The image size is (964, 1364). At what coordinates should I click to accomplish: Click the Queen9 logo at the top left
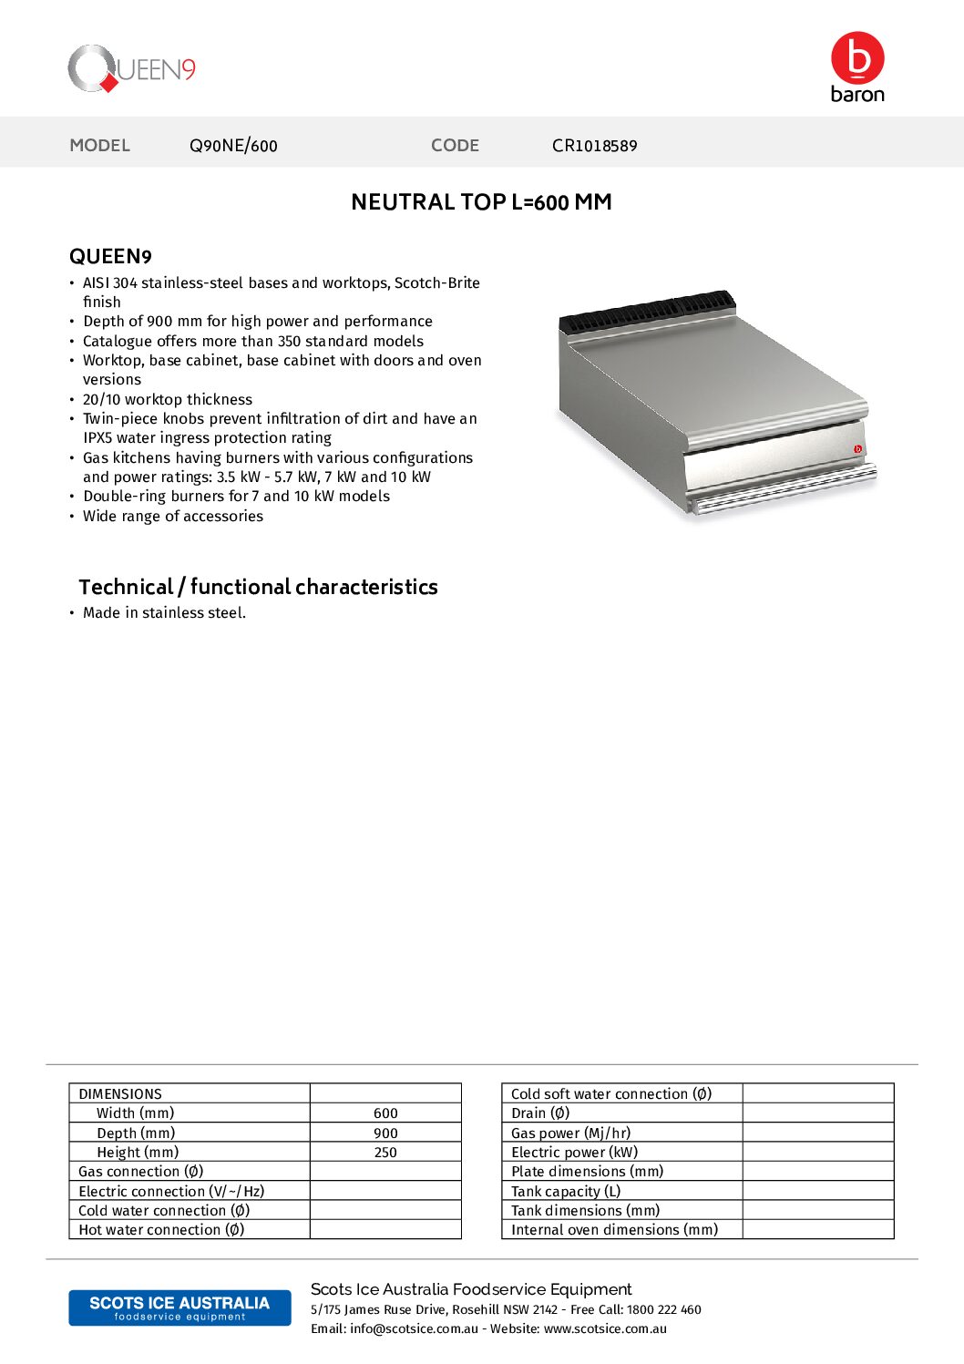click(131, 69)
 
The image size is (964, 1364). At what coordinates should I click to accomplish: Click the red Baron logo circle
click(857, 57)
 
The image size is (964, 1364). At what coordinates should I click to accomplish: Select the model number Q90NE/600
click(233, 146)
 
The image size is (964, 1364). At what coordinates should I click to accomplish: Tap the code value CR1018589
click(594, 146)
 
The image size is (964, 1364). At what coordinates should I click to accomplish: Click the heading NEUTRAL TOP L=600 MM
click(481, 202)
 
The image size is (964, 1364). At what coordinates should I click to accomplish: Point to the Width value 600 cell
click(385, 1113)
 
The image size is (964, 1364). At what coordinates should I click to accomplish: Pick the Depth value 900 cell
click(385, 1133)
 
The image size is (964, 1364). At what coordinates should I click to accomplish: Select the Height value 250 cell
click(385, 1153)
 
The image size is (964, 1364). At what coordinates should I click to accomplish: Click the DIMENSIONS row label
click(120, 1094)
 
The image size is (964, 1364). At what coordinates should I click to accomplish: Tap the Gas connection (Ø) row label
click(141, 1172)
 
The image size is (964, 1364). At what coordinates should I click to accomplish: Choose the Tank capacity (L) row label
click(566, 1192)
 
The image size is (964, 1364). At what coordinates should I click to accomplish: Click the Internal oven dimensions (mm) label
click(614, 1230)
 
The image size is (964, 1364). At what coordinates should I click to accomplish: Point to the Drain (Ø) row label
click(540, 1113)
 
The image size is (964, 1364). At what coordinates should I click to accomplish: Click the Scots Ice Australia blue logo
click(179, 1308)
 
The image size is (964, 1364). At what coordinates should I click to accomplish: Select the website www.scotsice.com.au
click(605, 1329)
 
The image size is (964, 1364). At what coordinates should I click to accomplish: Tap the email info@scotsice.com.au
click(414, 1329)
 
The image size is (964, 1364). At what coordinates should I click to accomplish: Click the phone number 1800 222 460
click(663, 1310)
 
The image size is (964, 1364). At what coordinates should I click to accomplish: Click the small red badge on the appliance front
click(857, 448)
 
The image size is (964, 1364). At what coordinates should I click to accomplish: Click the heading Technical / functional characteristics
click(258, 587)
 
